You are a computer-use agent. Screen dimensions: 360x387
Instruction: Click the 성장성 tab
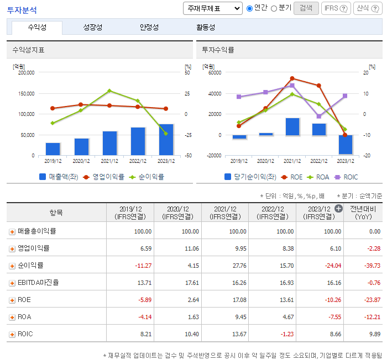pyautogui.click(x=92, y=28)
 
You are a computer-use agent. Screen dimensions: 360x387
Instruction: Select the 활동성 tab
pyautogui.click(x=206, y=28)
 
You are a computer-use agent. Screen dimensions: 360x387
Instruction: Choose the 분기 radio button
pyautogui.click(x=274, y=8)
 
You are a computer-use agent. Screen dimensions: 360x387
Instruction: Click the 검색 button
pyautogui.click(x=306, y=8)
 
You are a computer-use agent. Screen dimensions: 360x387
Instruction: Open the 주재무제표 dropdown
pyautogui.click(x=212, y=8)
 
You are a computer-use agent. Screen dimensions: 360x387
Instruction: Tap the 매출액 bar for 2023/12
pyautogui.click(x=166, y=140)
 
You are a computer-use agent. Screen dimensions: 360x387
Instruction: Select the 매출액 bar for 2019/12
pyautogui.click(x=53, y=149)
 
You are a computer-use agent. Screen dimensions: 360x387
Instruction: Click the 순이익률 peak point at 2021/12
pyautogui.click(x=109, y=91)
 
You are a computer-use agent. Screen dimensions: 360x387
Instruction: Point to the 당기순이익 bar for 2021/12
pyautogui.click(x=292, y=126)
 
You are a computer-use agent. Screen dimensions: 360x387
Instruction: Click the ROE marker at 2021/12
pyautogui.click(x=292, y=78)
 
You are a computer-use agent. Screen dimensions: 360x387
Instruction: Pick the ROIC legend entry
pyautogui.click(x=347, y=177)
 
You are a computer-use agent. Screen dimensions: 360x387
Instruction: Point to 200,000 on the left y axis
pyautogui.click(x=27, y=72)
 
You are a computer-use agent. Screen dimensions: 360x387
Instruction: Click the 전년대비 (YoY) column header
pyautogui.click(x=364, y=213)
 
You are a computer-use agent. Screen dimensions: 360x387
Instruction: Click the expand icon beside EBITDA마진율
pyautogui.click(x=12, y=283)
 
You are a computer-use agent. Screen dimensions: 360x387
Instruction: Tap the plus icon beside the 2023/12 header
pyautogui.click(x=338, y=208)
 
